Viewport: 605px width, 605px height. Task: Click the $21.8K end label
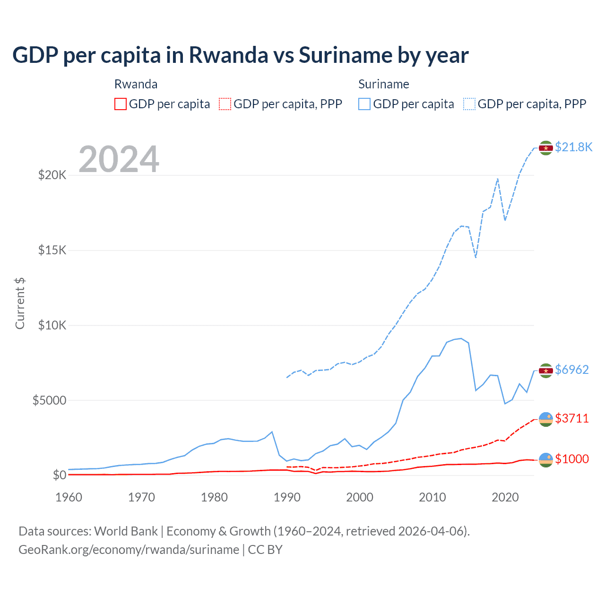point(573,147)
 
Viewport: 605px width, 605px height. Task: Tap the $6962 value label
point(572,370)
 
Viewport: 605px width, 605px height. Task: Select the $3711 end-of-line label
point(572,418)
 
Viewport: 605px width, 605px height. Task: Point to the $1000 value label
point(572,459)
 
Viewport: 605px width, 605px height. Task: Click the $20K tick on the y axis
point(52,175)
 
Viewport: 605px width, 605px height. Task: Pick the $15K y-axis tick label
point(52,250)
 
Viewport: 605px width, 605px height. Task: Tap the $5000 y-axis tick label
point(49,400)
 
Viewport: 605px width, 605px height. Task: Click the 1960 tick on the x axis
point(69,497)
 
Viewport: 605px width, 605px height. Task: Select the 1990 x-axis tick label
point(287,497)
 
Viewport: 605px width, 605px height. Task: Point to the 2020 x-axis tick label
point(505,497)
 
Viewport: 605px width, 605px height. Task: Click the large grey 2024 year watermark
point(119,159)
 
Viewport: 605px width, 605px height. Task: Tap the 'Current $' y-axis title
point(20,303)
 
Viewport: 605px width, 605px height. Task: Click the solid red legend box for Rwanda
point(121,104)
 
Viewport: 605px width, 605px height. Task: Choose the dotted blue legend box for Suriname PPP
point(469,104)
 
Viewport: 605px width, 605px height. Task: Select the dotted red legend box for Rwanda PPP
point(225,104)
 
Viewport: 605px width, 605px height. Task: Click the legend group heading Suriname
point(383,84)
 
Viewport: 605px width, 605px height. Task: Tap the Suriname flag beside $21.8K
point(546,148)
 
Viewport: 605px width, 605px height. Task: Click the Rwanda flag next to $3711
point(546,419)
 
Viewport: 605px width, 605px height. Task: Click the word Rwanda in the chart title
point(228,55)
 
